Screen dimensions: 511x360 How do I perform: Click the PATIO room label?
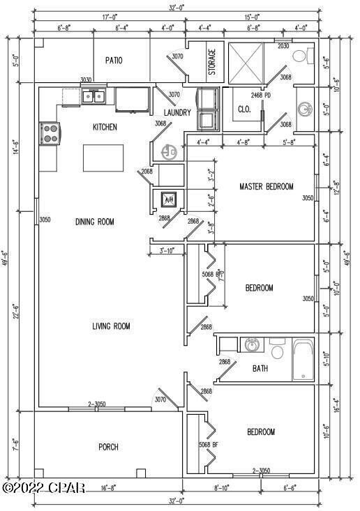(114, 61)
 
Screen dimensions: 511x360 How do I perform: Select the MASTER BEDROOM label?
(266, 187)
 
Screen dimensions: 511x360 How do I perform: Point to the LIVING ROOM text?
(111, 326)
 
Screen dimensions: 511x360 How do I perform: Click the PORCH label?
(108, 447)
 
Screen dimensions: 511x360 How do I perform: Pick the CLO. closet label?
(244, 109)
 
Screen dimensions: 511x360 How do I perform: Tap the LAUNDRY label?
(177, 112)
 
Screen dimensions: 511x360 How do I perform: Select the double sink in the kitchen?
(94, 96)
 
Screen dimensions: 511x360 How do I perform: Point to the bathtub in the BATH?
(304, 360)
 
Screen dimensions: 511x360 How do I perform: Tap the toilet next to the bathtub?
(277, 350)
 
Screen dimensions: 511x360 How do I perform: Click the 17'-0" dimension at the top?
(109, 16)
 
